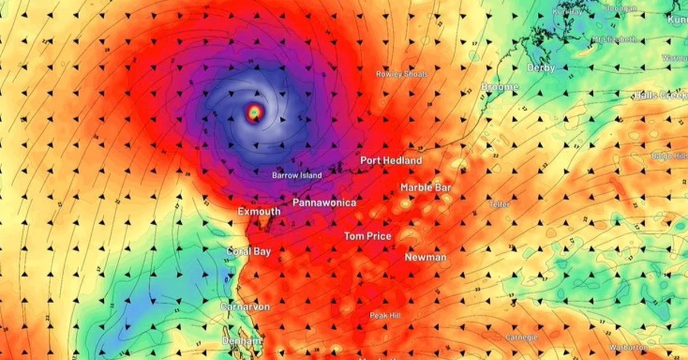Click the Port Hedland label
click(391, 161)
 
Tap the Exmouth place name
click(259, 212)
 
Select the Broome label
click(499, 87)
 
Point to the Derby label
click(541, 68)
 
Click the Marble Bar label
click(426, 188)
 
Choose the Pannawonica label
click(324, 203)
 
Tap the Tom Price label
click(368, 236)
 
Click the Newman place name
click(425, 257)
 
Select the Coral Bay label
click(248, 251)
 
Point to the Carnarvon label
click(245, 307)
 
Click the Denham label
click(242, 341)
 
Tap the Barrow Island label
click(297, 175)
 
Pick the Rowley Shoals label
click(402, 74)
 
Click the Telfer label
click(499, 205)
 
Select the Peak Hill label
click(385, 316)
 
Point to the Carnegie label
click(522, 338)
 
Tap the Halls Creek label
click(660, 95)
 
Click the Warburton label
click(629, 348)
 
